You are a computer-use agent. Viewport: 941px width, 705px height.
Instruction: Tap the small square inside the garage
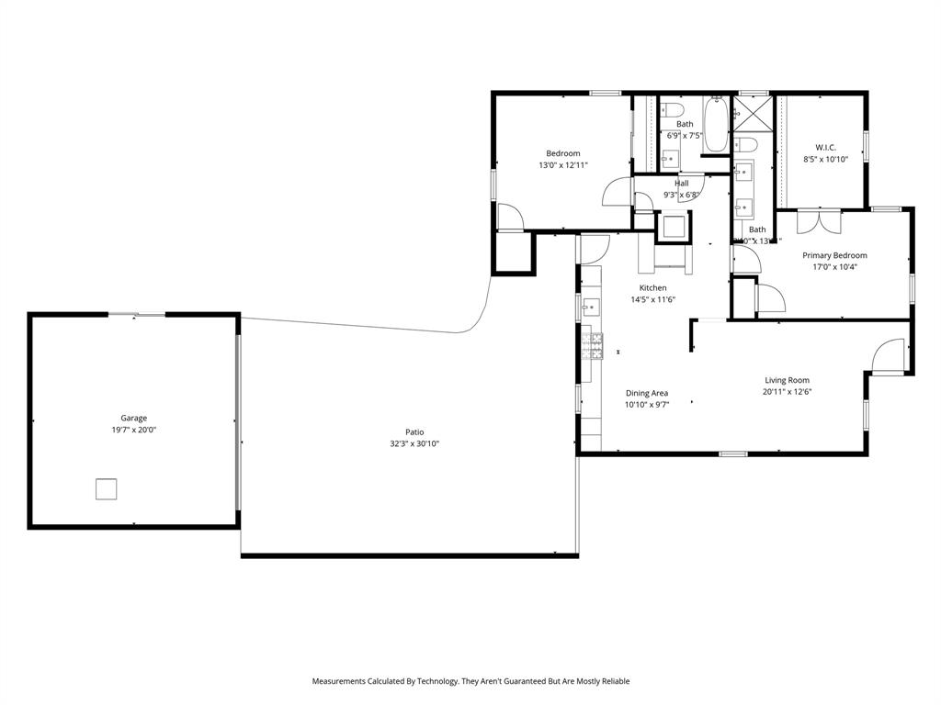pyautogui.click(x=107, y=489)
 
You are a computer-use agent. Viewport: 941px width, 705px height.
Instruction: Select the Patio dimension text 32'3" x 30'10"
pyautogui.click(x=414, y=444)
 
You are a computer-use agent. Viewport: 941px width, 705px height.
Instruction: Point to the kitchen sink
pyautogui.click(x=591, y=307)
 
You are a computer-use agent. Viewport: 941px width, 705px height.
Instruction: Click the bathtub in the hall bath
pyautogui.click(x=716, y=128)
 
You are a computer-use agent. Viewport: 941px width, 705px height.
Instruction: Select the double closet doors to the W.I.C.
pyautogui.click(x=819, y=223)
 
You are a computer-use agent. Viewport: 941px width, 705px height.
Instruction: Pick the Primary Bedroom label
pyautogui.click(x=834, y=255)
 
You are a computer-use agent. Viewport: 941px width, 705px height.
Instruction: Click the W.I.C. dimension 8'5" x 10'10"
pyautogui.click(x=825, y=159)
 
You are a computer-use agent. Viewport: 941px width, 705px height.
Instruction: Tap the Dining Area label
pyautogui.click(x=646, y=393)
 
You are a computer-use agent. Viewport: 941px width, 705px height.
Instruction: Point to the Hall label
pyautogui.click(x=681, y=183)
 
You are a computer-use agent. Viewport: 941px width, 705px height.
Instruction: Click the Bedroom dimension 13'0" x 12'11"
pyautogui.click(x=562, y=165)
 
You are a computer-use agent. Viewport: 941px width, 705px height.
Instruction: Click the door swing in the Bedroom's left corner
pyautogui.click(x=509, y=217)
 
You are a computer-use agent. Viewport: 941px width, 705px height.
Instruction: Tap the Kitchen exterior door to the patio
pyautogui.click(x=595, y=246)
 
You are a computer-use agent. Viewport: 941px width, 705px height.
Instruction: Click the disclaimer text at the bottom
pyautogui.click(x=470, y=681)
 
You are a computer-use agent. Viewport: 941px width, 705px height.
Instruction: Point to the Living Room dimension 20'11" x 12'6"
pyautogui.click(x=787, y=391)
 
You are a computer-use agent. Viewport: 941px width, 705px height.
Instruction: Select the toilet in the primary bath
pyautogui.click(x=745, y=145)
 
